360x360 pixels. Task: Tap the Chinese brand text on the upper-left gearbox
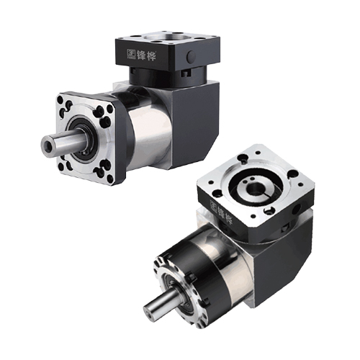147,55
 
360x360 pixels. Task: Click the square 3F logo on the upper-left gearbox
131,54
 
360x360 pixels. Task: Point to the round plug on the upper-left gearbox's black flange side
192,56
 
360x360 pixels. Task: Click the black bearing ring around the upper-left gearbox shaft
83,138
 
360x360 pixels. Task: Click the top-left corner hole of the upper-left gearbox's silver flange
60,99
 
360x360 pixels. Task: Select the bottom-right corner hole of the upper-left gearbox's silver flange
110,179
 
